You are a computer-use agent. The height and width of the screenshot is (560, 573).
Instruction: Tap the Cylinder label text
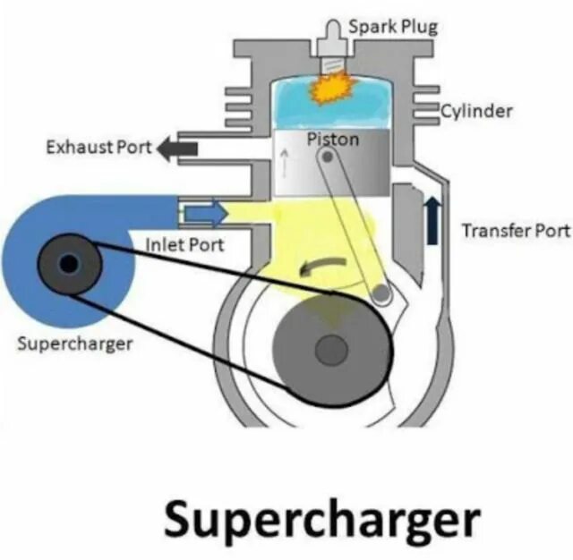coord(477,112)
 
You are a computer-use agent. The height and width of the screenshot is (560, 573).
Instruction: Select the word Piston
coord(332,139)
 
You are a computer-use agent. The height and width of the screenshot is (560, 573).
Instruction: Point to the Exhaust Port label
coord(99,146)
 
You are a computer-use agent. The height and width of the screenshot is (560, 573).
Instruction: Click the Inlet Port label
coord(184,243)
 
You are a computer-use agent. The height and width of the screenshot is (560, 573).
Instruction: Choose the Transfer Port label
coord(515,231)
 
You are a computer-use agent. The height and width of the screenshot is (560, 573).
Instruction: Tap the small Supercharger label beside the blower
coord(74,344)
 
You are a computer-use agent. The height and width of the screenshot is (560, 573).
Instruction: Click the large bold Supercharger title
coord(321,517)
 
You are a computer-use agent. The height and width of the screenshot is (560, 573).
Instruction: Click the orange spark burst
coord(333,89)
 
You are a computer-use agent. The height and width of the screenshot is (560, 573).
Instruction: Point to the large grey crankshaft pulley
coord(330,348)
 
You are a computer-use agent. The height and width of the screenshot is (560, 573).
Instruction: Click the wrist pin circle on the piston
coord(329,157)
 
